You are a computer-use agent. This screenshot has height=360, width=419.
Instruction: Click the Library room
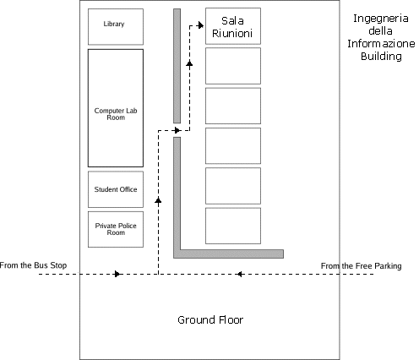116,27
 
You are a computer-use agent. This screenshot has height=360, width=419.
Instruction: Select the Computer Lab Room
116,108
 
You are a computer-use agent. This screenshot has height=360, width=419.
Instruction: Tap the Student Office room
116,189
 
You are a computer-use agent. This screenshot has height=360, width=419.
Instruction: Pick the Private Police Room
116,229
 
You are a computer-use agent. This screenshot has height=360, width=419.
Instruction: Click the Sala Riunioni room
233,26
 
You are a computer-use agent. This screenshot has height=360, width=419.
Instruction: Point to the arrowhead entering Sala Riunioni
200,25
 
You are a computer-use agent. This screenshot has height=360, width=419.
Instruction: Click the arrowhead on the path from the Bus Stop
117,274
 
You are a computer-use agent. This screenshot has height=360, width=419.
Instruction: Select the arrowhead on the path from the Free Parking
239,274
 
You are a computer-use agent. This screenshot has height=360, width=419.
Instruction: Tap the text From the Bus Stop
33,265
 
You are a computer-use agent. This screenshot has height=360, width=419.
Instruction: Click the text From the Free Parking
362,266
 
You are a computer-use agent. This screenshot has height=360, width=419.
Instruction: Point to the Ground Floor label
210,320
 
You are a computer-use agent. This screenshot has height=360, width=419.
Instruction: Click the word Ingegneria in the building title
381,19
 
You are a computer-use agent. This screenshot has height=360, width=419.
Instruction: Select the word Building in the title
381,56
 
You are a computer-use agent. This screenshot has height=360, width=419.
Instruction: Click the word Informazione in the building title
381,43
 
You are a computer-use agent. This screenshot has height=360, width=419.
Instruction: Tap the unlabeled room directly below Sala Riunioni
233,66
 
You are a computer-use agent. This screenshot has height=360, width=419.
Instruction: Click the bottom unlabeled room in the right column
233,226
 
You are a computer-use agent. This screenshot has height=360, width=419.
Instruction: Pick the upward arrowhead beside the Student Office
158,200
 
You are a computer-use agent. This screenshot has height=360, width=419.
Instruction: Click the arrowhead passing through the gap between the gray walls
177,130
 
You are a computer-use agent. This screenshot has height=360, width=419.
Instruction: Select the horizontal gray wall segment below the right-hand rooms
228,254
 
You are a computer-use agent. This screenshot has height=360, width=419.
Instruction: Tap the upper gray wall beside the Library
177,66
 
